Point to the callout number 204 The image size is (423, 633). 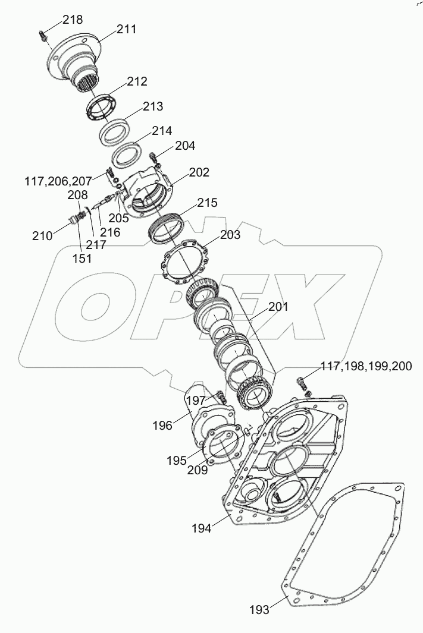coord(184,146)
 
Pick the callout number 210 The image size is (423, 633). coord(43,235)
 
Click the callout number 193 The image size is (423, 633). coord(259,609)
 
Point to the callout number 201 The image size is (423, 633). coord(278,307)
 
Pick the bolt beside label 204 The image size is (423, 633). coord(156,159)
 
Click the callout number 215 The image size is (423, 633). coord(208,202)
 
